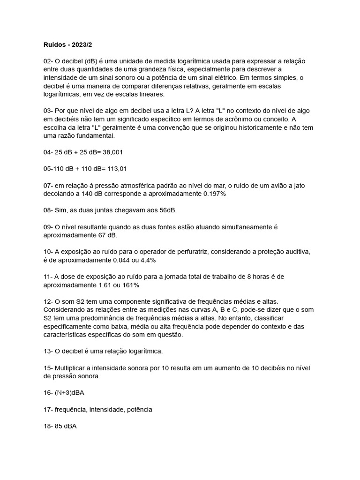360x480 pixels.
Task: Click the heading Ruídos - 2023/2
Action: coord(68,45)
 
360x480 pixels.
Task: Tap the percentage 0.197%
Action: coord(215,194)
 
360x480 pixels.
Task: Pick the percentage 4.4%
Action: coord(147,260)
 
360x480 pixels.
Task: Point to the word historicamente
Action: coord(233,127)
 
